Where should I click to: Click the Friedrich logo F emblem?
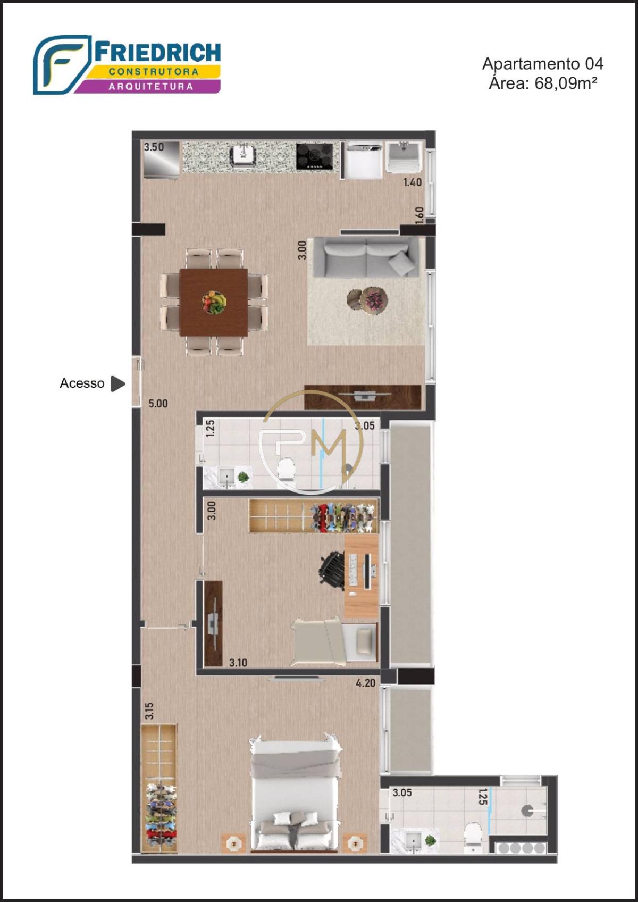tap(62, 64)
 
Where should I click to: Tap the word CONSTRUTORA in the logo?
tap(153, 72)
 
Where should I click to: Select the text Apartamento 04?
tap(543, 64)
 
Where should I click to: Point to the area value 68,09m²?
tap(566, 83)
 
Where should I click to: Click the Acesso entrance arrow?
tap(117, 384)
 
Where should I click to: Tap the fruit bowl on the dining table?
tap(214, 302)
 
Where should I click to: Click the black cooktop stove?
tap(315, 156)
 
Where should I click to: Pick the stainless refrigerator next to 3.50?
tap(162, 160)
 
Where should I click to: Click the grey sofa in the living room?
tap(366, 257)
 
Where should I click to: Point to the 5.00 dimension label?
tap(158, 404)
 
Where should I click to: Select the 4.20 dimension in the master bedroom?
tap(365, 683)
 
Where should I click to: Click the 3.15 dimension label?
tap(150, 711)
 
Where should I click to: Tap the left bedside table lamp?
tap(233, 841)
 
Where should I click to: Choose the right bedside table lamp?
tap(355, 841)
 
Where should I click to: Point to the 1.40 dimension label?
tap(413, 182)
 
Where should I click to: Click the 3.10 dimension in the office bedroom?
tap(238, 663)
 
